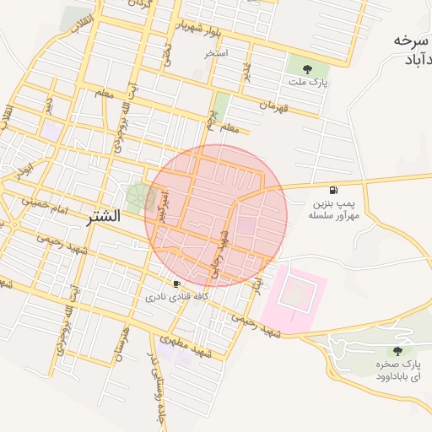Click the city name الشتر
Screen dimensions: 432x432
(103, 217)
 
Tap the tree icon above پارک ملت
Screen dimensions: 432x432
(305, 69)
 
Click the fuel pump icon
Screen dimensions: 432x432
(337, 190)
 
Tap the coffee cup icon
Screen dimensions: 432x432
(176, 283)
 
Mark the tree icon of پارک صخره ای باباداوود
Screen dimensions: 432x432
(397, 350)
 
